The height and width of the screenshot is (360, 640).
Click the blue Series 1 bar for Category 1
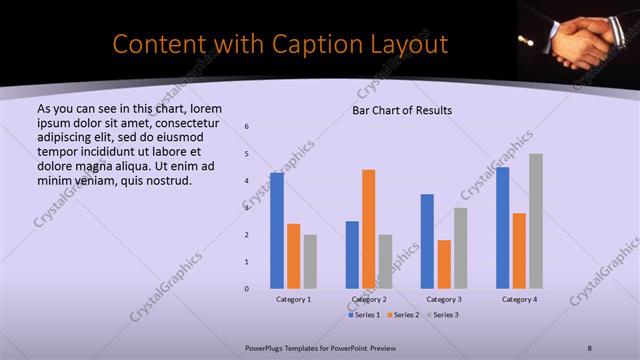277,231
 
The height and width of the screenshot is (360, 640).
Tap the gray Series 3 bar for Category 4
536,221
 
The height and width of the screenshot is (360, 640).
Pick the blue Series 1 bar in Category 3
427,241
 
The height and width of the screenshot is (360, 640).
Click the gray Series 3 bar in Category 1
310,262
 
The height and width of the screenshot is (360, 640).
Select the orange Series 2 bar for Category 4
519,251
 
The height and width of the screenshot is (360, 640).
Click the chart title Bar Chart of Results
402,110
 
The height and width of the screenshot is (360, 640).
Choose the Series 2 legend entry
402,315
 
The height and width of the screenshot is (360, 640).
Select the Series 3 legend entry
442,315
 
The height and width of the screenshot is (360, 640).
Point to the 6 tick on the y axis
247,126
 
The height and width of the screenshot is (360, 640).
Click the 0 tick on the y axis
247,289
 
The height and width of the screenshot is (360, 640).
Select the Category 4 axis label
519,299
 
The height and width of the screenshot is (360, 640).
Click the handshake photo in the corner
577,36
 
